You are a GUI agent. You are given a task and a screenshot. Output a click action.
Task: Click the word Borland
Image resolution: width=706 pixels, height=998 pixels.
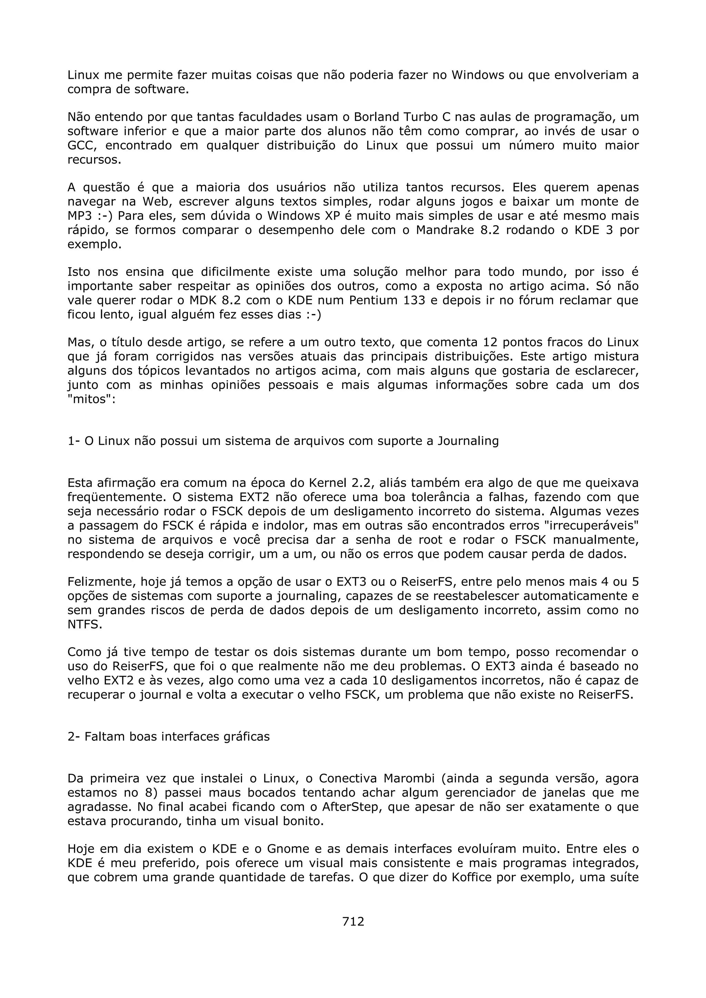376,117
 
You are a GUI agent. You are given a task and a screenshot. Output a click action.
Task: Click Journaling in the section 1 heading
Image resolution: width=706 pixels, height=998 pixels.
468,441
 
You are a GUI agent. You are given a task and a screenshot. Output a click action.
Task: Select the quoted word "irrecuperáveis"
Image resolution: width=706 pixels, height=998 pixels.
591,526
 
